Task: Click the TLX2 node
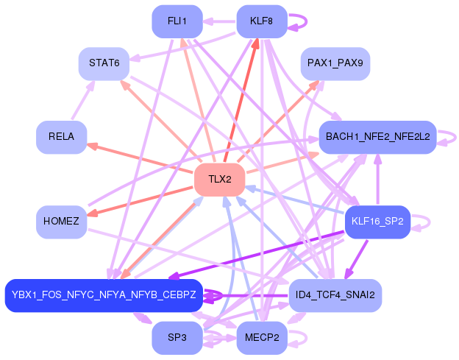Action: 219,180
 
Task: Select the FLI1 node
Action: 177,21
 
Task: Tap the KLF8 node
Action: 262,21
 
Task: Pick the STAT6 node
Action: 104,63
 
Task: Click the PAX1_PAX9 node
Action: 335,63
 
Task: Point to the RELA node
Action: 62,137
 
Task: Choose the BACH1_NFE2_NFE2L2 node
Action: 377,137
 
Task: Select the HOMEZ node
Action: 62,222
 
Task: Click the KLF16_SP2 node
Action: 377,222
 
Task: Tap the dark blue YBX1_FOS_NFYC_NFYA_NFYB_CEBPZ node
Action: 104,295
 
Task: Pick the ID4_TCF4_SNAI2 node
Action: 335,295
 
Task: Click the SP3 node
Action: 177,338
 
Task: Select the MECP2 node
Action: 262,338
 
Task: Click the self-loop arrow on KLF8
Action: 307,21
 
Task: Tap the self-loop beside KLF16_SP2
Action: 430,222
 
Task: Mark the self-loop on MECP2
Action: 307,338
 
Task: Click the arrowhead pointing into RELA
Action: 92,146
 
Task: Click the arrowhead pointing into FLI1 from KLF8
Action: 208,21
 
